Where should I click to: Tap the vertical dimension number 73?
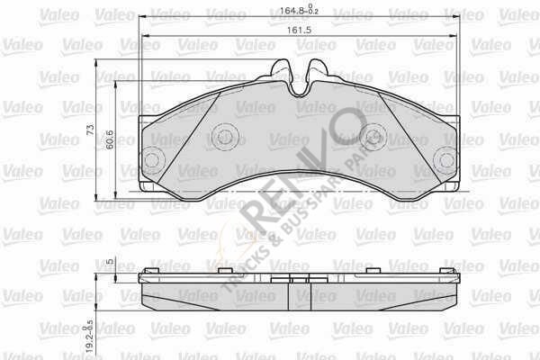point(90,131)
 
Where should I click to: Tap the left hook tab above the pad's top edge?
point(282,68)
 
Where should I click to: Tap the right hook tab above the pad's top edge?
point(315,68)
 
